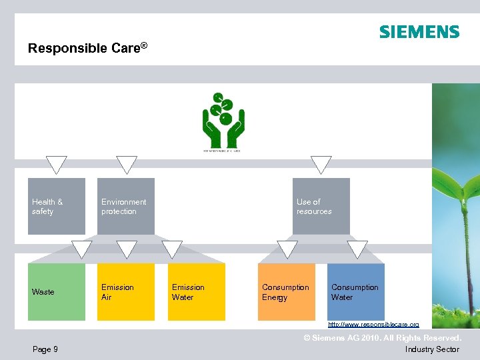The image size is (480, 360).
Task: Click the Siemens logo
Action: click(419, 32)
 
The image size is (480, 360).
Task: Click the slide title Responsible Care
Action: click(87, 48)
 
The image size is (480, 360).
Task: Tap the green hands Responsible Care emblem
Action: click(223, 122)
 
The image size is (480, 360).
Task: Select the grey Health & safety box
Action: click(57, 206)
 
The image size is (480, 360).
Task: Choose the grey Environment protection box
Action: click(125, 206)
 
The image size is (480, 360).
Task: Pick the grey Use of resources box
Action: click(321, 206)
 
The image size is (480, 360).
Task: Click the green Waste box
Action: click(57, 291)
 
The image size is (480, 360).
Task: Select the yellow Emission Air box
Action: click(125, 291)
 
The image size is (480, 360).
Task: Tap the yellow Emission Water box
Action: click(196, 291)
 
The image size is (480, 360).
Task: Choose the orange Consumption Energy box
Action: click(286, 291)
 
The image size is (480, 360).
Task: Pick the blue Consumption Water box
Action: click(356, 291)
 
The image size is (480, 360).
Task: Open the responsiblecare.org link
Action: click(373, 324)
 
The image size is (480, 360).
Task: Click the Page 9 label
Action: click(45, 349)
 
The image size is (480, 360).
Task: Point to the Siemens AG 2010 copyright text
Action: click(382, 339)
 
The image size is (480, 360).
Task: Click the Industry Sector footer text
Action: click(432, 349)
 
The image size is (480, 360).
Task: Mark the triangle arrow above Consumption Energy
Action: click(287, 249)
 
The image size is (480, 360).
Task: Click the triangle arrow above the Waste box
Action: click(81, 249)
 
